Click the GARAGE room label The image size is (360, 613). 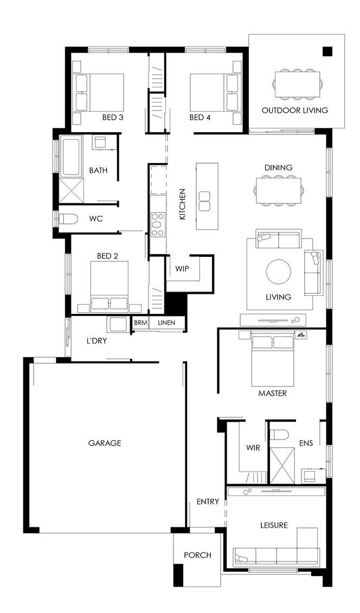[104, 443]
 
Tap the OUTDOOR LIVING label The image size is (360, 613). [295, 110]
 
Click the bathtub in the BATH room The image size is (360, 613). [70, 157]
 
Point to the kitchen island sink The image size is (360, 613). [204, 201]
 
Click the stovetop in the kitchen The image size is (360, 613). [158, 224]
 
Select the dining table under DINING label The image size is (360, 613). [278, 190]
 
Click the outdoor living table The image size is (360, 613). [298, 85]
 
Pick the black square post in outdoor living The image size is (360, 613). [327, 51]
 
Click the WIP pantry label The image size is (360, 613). [182, 269]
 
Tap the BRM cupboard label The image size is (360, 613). [140, 323]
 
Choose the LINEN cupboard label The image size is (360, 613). [166, 323]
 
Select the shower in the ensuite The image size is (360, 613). [283, 465]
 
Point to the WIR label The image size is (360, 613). [253, 448]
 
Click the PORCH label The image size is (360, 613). [198, 555]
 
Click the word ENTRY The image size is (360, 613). [208, 501]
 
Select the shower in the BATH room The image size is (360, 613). [72, 190]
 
